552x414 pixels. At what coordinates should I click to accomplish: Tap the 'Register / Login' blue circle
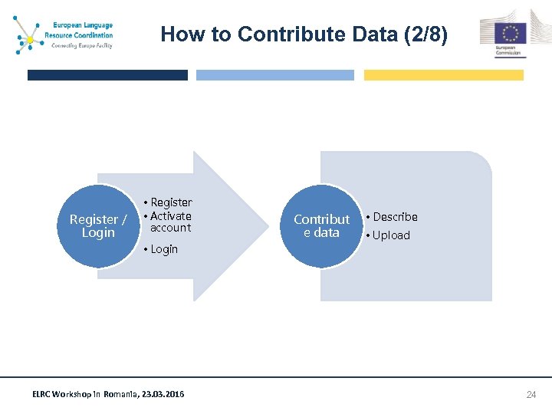(x=98, y=226)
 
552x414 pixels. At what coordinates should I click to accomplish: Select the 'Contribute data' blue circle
(x=321, y=226)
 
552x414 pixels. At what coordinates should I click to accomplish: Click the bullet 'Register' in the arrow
(x=171, y=202)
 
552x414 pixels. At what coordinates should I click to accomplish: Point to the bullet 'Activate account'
(x=170, y=222)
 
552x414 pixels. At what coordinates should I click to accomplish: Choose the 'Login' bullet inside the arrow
(x=163, y=249)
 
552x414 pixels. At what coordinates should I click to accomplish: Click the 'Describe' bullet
(x=395, y=217)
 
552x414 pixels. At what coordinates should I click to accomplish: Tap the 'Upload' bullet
(x=391, y=235)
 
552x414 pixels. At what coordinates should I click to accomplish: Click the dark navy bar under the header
(x=107, y=75)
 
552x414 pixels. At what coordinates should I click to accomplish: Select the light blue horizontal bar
(x=275, y=75)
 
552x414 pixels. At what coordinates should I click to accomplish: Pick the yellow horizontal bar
(x=443, y=75)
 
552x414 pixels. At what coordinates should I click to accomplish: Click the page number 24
(x=531, y=395)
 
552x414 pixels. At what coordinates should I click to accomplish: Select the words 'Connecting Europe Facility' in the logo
(x=81, y=45)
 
